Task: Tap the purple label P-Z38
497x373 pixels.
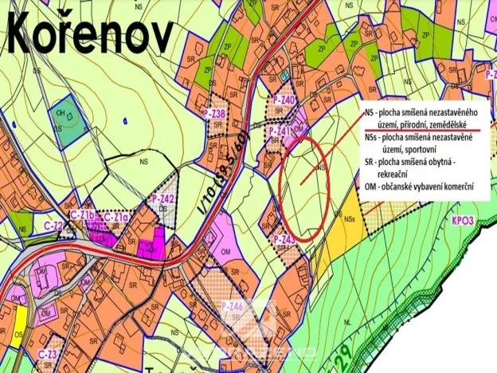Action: coord(216,114)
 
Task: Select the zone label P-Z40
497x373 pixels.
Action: coord(284,100)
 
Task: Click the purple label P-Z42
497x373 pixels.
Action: coord(162,198)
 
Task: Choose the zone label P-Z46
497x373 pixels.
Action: coord(230,307)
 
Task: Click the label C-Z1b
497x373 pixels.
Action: coord(83,216)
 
